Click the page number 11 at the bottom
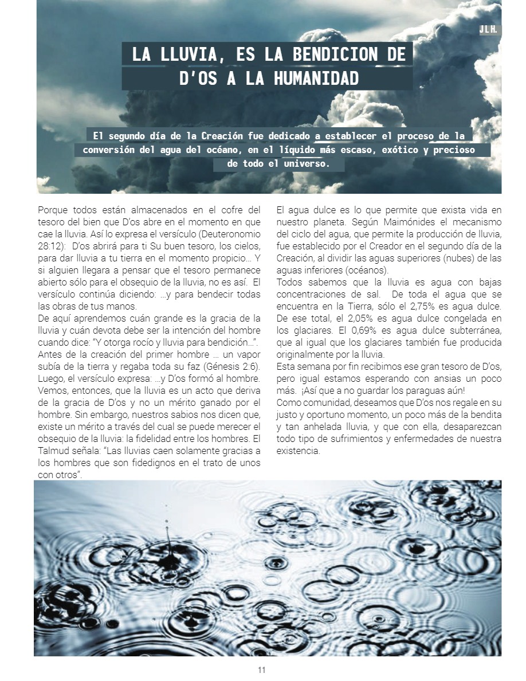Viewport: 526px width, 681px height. pos(262,670)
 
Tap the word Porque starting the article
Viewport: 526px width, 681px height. pos(51,210)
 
